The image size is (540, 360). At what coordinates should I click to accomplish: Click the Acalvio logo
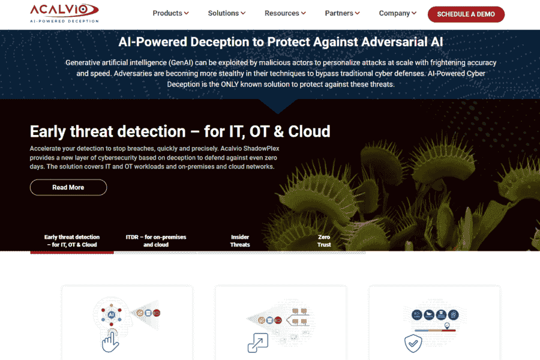(x=64, y=13)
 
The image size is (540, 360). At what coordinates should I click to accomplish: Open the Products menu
(x=170, y=13)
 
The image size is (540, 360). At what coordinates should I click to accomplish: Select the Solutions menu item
(x=226, y=13)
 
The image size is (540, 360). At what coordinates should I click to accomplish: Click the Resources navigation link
(x=285, y=13)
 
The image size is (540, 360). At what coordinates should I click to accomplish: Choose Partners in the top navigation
(x=342, y=13)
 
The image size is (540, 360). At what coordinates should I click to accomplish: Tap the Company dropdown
(x=397, y=13)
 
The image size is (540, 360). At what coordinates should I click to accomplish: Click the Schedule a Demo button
(x=466, y=14)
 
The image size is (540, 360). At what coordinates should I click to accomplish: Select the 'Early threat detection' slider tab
(x=72, y=241)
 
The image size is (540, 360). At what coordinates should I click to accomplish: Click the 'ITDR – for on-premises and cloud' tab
(x=156, y=241)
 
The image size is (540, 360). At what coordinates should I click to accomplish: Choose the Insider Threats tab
(x=240, y=241)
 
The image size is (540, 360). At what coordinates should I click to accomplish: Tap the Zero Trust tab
(x=324, y=241)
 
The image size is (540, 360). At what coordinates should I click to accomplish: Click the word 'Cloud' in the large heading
(x=309, y=131)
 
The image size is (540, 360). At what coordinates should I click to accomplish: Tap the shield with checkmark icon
(x=413, y=343)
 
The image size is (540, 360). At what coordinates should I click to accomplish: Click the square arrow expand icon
(x=258, y=343)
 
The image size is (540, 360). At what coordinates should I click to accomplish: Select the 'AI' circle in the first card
(x=111, y=314)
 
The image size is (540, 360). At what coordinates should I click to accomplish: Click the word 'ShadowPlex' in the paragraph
(x=261, y=148)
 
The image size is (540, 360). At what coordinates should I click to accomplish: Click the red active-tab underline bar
(x=72, y=253)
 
